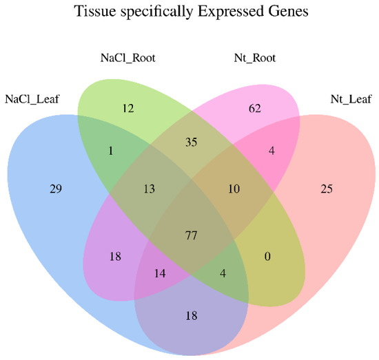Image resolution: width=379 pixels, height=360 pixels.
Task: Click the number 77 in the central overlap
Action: click(191, 236)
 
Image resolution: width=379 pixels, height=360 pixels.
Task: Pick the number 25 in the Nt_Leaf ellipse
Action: click(326, 188)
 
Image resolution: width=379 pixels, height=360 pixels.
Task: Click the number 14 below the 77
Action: click(159, 273)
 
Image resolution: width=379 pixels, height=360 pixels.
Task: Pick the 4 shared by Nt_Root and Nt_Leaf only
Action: click(273, 151)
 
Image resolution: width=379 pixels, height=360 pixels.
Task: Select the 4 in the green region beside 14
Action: click(223, 273)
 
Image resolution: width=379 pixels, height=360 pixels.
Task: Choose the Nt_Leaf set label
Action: click(345, 98)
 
